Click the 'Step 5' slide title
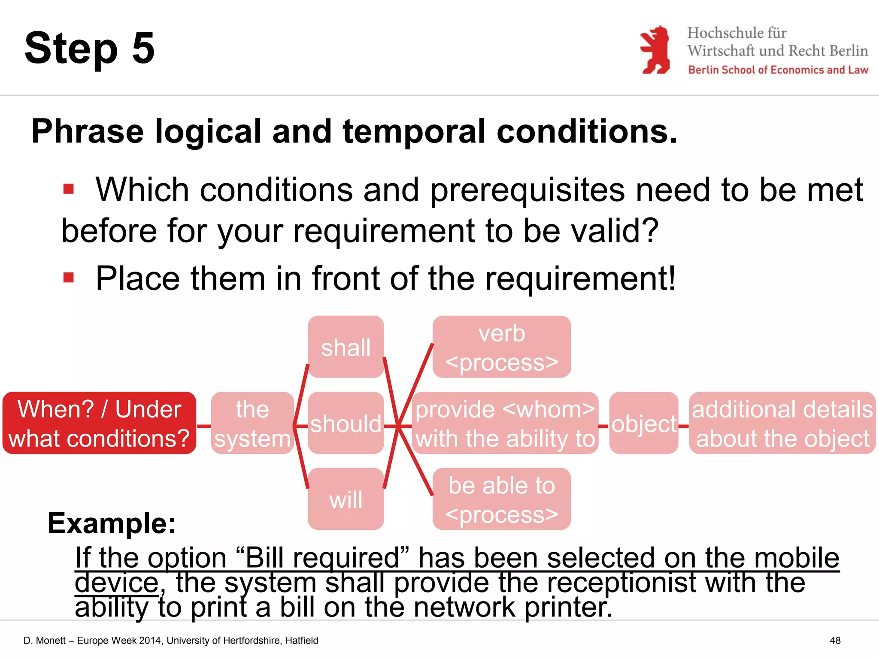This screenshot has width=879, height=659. (x=89, y=48)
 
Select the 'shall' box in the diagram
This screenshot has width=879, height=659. (x=346, y=347)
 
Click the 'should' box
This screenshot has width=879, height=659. (x=346, y=423)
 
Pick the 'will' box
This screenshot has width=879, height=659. (x=346, y=499)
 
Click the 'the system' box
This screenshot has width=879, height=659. (x=252, y=423)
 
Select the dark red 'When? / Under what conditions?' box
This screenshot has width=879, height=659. (x=99, y=423)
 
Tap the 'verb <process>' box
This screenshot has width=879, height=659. (x=501, y=347)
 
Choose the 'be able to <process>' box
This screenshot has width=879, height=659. (x=501, y=499)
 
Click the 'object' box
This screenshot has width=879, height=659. (x=643, y=423)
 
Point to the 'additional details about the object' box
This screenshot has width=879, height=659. (x=782, y=423)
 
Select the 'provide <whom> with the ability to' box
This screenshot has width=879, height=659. (x=505, y=423)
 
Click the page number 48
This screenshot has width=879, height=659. (x=835, y=641)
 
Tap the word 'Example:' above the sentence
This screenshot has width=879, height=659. (x=112, y=523)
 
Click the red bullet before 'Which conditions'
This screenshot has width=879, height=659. (x=69, y=189)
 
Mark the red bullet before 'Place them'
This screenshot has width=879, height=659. (x=69, y=278)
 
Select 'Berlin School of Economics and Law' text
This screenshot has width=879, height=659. (x=778, y=70)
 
